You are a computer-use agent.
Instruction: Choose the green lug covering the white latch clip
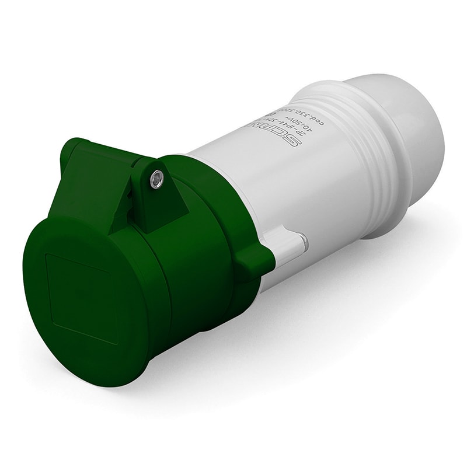pos(255,260)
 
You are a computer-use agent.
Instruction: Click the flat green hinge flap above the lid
pos(99,175)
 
